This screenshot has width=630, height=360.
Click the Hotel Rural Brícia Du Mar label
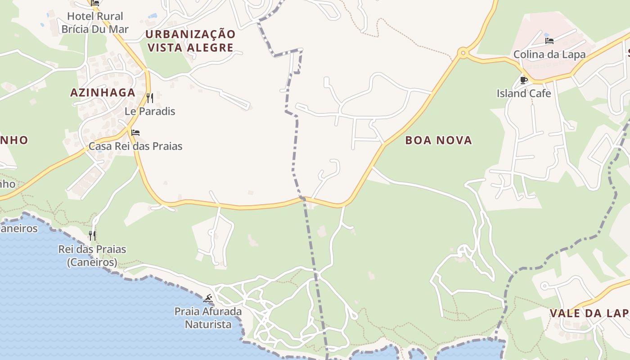tap(95, 23)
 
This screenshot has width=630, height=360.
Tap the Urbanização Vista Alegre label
tap(190, 41)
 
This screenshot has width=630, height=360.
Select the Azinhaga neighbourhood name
tap(103, 93)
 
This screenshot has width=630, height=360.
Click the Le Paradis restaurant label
tap(150, 111)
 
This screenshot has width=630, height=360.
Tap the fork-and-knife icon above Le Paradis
tap(150, 98)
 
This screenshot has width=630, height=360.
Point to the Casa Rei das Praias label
tap(135, 146)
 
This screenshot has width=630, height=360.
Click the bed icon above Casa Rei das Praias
tap(135, 133)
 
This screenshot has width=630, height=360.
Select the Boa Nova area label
tap(438, 140)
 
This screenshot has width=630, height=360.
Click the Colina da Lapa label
tap(549, 54)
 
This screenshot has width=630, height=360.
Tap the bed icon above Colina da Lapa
tap(549, 41)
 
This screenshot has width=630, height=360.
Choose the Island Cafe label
tap(524, 94)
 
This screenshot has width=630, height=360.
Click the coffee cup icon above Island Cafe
tap(524, 80)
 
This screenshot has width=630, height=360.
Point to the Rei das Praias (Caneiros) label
tap(92, 256)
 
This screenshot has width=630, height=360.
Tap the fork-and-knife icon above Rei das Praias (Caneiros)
tap(92, 235)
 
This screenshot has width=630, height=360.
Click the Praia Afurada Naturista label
tap(208, 318)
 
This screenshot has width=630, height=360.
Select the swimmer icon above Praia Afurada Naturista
tap(208, 298)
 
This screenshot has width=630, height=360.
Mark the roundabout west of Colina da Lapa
tap(462, 54)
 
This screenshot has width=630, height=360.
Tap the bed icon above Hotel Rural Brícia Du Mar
tap(95, 3)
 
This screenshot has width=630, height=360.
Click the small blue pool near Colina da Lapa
tap(546, 34)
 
